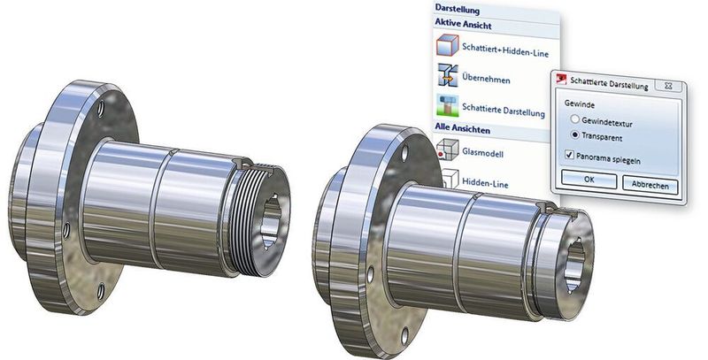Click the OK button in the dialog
(x=589, y=180)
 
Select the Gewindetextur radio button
(x=574, y=119)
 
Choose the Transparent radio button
(x=574, y=134)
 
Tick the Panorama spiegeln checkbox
(x=569, y=155)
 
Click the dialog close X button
(x=668, y=86)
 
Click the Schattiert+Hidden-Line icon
(x=448, y=45)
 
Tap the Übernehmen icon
(x=448, y=75)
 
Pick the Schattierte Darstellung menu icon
(x=448, y=105)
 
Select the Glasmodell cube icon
(x=448, y=149)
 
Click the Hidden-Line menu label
(x=485, y=183)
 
